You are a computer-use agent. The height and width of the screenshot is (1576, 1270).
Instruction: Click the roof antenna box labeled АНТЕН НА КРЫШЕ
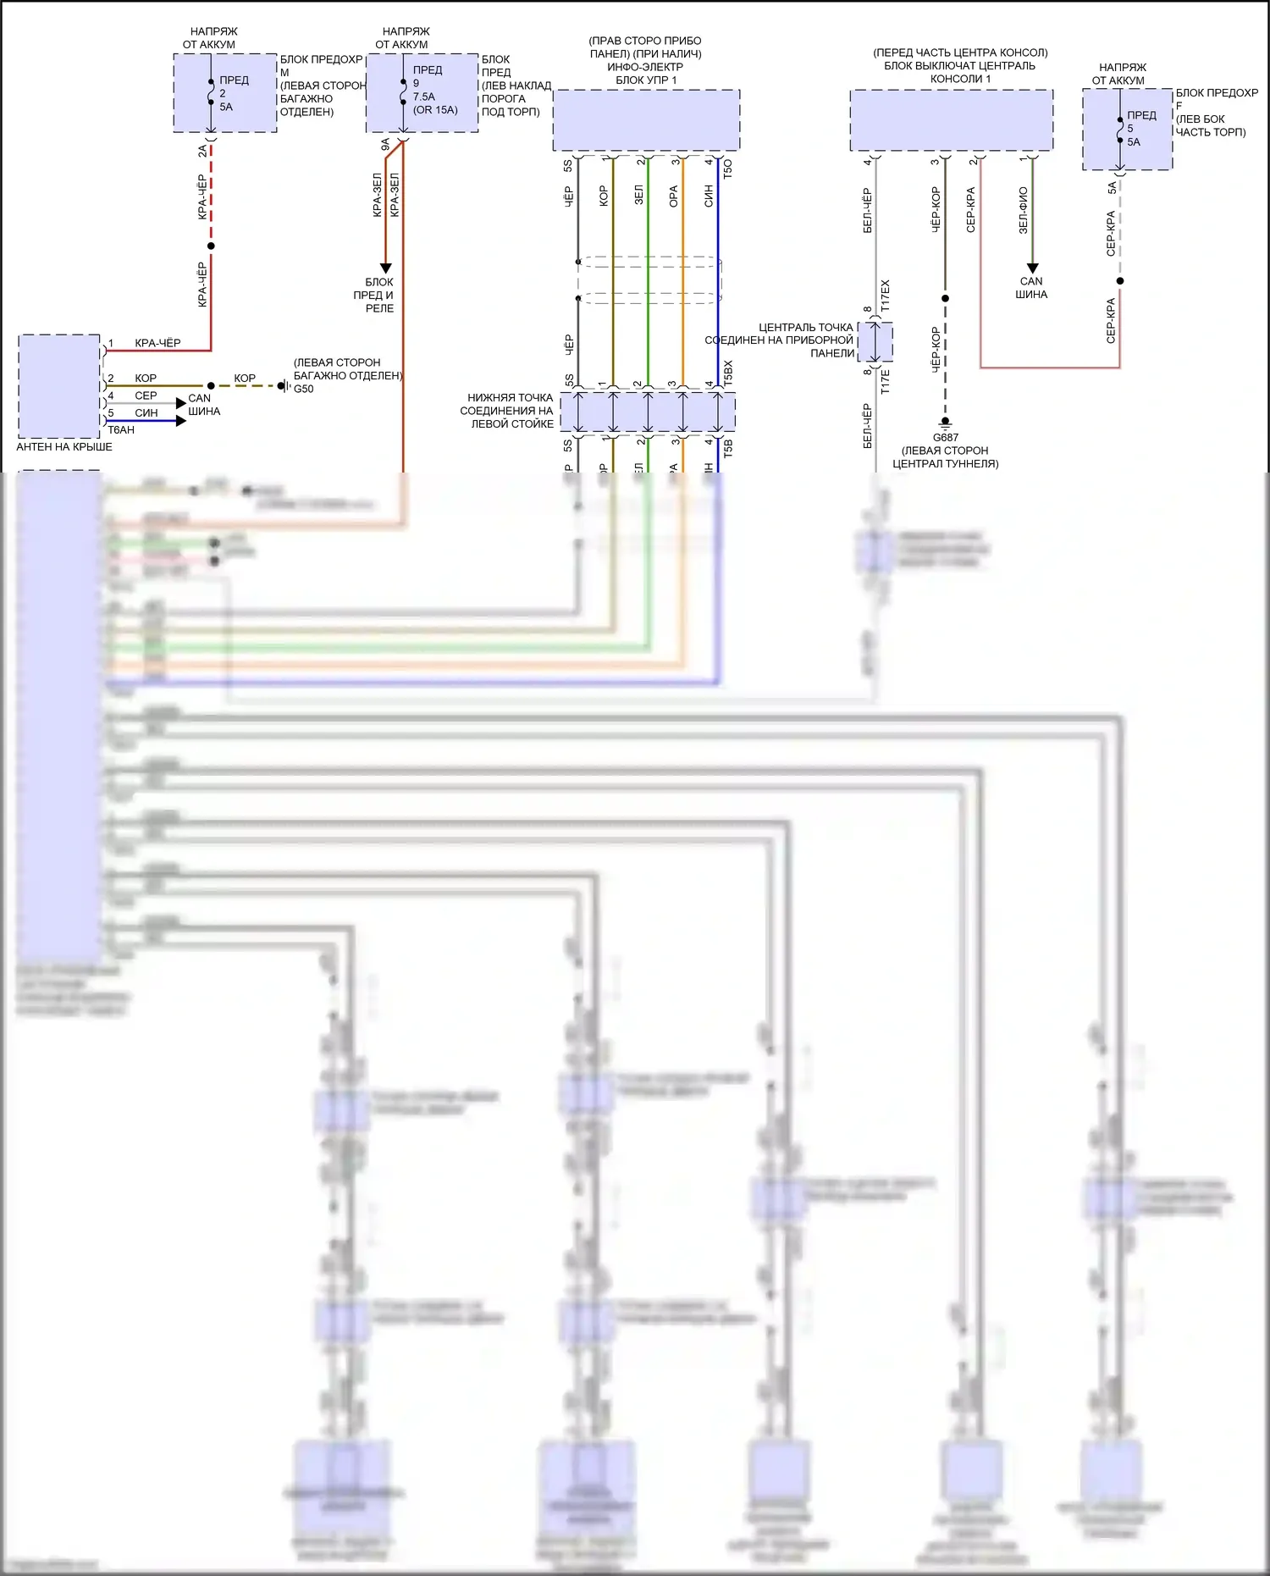tap(59, 386)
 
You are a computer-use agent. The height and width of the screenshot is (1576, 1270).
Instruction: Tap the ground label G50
tap(303, 390)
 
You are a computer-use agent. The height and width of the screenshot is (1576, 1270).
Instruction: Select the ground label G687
tap(945, 438)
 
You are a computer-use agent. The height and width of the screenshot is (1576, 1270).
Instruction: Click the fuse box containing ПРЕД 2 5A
tap(225, 93)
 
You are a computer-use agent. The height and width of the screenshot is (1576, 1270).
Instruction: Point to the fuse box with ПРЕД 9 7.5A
tap(422, 93)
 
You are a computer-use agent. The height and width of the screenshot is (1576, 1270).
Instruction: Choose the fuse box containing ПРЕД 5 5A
tap(1127, 130)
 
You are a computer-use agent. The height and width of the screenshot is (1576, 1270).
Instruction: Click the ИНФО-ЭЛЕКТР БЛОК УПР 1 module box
tap(646, 120)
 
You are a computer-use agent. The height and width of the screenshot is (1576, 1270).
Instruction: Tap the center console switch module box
tap(951, 120)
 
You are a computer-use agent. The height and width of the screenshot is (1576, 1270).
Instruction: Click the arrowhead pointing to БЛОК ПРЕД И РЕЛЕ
tap(385, 268)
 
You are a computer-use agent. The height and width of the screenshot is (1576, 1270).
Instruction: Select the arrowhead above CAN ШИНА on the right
tap(1031, 268)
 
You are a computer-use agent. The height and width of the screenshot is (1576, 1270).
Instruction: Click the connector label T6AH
tap(121, 430)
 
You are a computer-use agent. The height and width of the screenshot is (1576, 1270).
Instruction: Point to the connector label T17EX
tap(886, 295)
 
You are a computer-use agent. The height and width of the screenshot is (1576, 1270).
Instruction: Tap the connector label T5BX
tap(728, 373)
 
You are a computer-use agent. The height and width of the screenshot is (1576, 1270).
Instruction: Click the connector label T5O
tap(728, 168)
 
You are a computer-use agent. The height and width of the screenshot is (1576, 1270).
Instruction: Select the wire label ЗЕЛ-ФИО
tap(1023, 210)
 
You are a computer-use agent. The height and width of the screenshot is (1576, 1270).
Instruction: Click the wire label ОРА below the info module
tap(674, 196)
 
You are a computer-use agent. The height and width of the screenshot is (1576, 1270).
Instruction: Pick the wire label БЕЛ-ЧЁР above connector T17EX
tap(867, 210)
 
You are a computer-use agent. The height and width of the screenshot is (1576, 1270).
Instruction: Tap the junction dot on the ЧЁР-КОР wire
tap(945, 298)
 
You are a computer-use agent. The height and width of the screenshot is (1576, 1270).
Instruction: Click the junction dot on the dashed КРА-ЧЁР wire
tap(211, 246)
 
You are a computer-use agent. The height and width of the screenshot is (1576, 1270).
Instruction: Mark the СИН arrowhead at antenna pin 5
tap(180, 420)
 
